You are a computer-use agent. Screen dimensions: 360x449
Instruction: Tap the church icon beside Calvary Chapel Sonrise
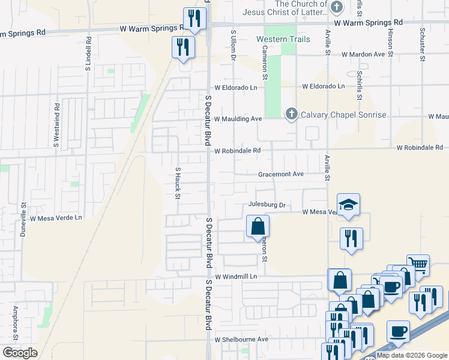[292, 113]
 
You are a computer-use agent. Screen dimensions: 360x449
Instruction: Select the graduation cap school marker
[348, 205]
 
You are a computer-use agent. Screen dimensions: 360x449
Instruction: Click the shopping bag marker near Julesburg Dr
[258, 227]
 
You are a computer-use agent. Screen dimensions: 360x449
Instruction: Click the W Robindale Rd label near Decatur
[238, 151]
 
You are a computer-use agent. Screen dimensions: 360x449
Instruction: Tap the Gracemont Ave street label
[281, 174]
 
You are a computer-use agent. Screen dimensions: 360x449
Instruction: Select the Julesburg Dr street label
[266, 205]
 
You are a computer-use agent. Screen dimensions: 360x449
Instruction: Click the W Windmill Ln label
[236, 277]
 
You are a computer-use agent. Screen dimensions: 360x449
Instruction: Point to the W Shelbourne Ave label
[241, 339]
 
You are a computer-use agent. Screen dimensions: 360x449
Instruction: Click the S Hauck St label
[178, 181]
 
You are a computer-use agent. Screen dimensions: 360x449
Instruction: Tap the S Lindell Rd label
[88, 54]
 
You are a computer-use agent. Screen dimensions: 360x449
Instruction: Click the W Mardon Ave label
[363, 54]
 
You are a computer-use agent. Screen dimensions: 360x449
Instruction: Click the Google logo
[20, 353]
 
